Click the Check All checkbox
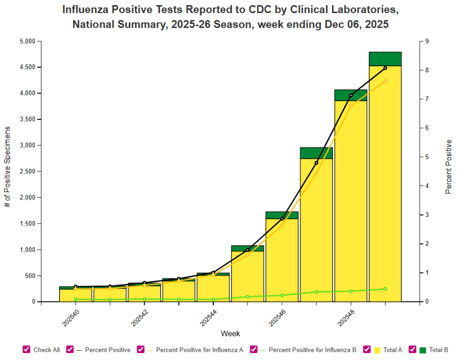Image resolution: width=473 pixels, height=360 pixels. [26, 349]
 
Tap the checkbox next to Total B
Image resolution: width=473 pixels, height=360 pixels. [412, 349]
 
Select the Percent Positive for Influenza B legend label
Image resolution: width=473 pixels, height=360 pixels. [312, 349]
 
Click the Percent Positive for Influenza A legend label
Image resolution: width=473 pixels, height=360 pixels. [200, 349]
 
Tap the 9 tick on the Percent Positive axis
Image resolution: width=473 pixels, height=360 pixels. [427, 41]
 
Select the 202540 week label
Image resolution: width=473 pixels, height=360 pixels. [71, 318]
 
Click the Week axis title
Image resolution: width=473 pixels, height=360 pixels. [230, 334]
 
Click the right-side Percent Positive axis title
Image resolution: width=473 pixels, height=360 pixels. [448, 167]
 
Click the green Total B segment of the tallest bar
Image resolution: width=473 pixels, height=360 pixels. [385, 59]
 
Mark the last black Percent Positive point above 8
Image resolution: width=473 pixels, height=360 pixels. [385, 68]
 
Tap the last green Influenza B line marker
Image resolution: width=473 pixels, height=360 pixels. [385, 289]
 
